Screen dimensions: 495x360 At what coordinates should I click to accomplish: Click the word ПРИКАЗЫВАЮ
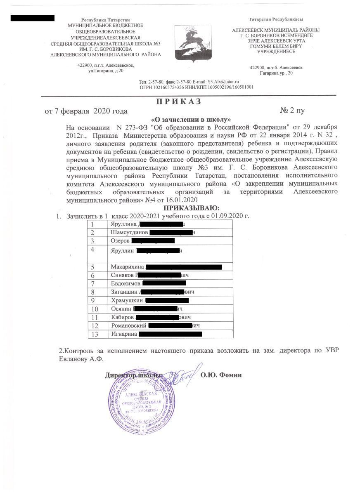pos(192,207)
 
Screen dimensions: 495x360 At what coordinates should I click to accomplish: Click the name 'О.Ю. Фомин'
pos(220,375)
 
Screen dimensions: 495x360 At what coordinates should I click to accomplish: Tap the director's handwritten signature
pos(182,373)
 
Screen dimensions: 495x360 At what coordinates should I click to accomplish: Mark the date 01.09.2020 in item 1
pos(227,216)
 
